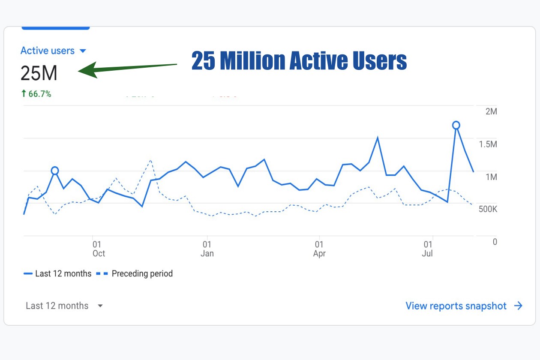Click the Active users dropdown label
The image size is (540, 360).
point(53,51)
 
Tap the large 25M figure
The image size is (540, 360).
point(39,74)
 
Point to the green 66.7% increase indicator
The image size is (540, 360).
point(36,94)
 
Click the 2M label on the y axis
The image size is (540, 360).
point(491,111)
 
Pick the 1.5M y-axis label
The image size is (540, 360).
point(488,144)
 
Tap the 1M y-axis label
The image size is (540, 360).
point(491,177)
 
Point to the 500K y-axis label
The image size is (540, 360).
point(488,209)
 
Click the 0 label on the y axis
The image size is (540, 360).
point(495,242)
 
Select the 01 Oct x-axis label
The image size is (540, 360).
point(98,249)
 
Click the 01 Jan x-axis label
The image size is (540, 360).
point(207,249)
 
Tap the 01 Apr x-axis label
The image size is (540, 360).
point(319,249)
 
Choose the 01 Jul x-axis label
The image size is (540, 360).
point(427,249)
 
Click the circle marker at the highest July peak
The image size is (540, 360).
point(456,125)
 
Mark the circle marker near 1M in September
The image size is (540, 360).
point(54,171)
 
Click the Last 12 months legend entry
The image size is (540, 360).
point(58,273)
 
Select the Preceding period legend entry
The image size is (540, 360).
point(135,273)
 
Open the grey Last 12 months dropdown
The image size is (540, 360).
point(64,306)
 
